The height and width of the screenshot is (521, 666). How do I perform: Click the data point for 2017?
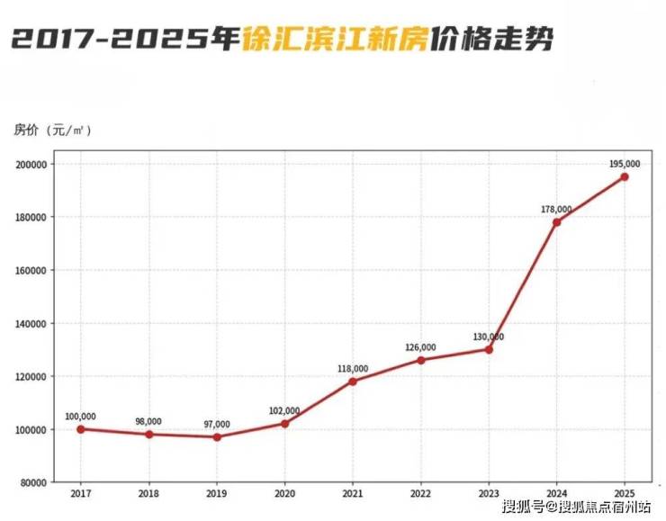click(x=81, y=429)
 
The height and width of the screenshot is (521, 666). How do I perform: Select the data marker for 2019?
click(x=217, y=437)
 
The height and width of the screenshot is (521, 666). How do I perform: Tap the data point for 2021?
click(x=353, y=382)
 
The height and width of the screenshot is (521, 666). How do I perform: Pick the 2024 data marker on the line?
click(x=557, y=222)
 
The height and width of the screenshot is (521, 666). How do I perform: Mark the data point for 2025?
click(x=625, y=177)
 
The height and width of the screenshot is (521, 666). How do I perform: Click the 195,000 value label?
click(x=625, y=164)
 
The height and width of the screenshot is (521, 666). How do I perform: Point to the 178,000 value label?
click(x=557, y=209)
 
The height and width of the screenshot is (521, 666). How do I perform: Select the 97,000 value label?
click(x=217, y=424)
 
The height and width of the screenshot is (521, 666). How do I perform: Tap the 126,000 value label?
click(x=421, y=347)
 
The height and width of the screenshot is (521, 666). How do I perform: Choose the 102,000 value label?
click(x=285, y=410)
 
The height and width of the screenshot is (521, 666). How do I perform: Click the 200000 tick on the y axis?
click(x=31, y=165)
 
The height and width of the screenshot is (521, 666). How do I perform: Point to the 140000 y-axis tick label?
click(x=31, y=324)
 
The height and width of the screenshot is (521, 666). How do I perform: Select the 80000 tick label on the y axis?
click(x=33, y=483)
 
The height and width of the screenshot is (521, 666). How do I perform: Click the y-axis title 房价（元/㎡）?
click(x=53, y=130)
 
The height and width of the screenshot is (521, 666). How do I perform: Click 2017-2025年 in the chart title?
click(x=126, y=40)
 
